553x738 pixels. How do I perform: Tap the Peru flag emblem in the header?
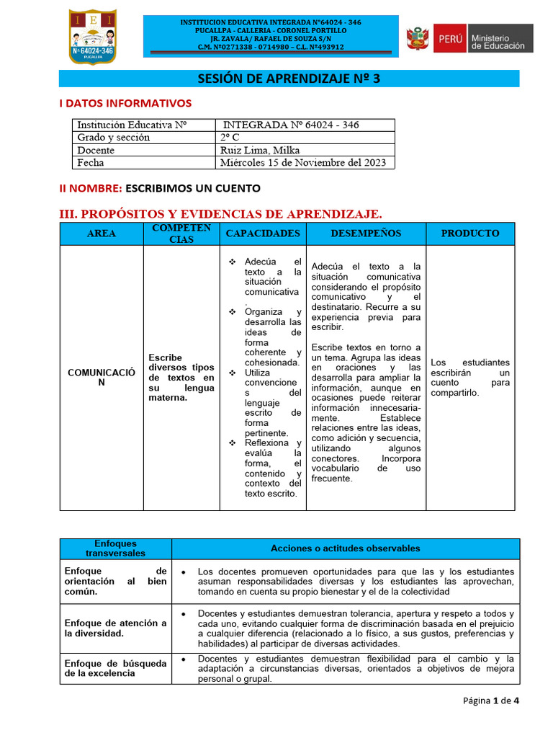click(417, 38)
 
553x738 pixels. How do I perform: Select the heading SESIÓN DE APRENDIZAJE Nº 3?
click(289, 79)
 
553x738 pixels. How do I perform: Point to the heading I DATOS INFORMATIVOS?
click(125, 103)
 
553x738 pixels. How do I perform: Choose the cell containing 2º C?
click(229, 137)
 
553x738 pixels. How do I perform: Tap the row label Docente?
click(95, 150)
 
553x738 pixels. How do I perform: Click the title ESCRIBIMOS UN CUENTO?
click(193, 188)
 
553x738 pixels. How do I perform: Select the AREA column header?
click(101, 234)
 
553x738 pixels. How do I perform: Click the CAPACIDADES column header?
click(263, 234)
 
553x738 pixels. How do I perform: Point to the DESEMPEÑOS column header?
click(366, 234)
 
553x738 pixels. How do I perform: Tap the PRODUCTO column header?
click(469, 234)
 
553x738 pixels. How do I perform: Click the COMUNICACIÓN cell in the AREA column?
click(101, 377)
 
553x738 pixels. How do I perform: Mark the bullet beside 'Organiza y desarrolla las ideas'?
click(232, 312)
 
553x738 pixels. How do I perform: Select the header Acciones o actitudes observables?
click(345, 548)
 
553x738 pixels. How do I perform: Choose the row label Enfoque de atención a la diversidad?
click(115, 628)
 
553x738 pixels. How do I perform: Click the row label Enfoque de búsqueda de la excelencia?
click(115, 668)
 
